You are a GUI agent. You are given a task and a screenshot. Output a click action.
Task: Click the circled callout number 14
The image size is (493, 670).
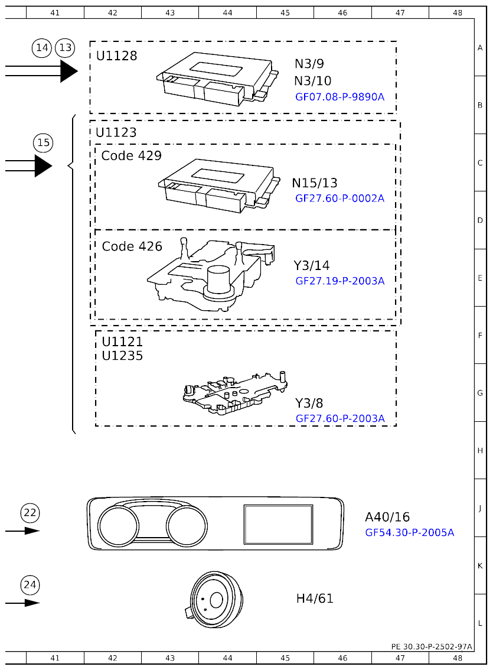click(42, 48)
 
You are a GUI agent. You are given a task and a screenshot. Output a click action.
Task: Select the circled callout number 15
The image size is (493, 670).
click(43, 142)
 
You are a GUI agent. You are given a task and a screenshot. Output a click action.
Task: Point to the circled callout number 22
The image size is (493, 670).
click(30, 513)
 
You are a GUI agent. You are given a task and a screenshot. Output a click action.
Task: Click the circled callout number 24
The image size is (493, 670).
click(30, 585)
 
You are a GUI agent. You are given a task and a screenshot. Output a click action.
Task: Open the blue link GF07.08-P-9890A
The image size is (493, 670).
click(339, 96)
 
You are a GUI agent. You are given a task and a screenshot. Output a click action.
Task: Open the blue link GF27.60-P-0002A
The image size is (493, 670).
click(339, 199)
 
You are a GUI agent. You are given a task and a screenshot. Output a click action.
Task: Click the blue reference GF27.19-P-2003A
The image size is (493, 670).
click(339, 281)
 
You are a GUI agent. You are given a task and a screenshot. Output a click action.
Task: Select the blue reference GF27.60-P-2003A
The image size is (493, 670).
click(339, 419)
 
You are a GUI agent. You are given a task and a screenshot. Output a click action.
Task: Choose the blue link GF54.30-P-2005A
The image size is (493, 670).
click(409, 532)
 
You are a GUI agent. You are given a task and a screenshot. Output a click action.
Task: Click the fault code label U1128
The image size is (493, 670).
click(116, 56)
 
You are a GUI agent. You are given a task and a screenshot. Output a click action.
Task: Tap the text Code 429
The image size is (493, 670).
click(131, 155)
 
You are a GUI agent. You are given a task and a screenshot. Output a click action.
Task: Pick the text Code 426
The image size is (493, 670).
click(132, 246)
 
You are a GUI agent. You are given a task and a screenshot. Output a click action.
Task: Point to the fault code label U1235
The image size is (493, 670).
click(122, 356)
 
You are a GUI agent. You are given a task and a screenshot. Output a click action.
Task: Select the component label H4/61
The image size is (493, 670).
click(315, 599)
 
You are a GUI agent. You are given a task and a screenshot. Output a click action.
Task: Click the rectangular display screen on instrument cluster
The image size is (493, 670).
click(278, 523)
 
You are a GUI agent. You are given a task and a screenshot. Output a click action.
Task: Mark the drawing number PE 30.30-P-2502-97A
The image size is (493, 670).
click(431, 646)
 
